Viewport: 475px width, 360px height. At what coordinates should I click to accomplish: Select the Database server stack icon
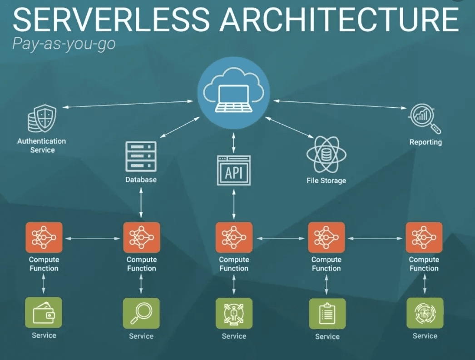point(141,156)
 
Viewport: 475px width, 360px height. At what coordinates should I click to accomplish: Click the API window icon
point(234,170)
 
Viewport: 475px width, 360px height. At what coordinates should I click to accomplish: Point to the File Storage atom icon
point(326,155)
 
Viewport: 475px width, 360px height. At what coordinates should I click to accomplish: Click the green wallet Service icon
point(44,313)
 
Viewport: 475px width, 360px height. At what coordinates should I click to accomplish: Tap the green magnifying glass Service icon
point(141,313)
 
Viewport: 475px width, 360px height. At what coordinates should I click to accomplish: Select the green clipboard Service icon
point(327,314)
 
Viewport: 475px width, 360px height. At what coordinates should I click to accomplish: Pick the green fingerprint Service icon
point(425,313)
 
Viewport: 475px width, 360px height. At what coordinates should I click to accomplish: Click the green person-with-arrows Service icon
point(234,313)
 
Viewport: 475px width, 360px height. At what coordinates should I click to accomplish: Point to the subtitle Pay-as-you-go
point(64,44)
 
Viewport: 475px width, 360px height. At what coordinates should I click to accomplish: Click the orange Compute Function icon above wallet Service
point(44,237)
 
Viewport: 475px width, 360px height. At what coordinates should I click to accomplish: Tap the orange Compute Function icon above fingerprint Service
point(424,237)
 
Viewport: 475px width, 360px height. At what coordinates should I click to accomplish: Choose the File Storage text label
point(326,180)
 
